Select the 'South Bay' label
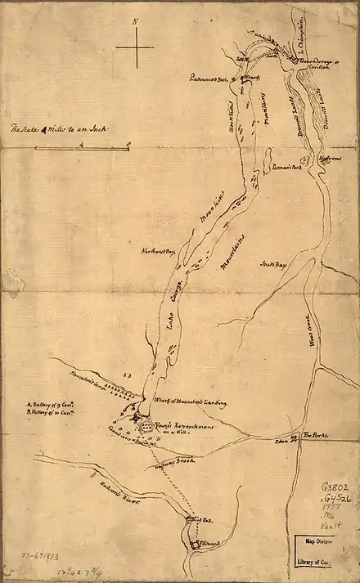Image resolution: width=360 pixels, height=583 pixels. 273,265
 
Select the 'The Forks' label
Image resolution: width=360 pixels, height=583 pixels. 315,436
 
